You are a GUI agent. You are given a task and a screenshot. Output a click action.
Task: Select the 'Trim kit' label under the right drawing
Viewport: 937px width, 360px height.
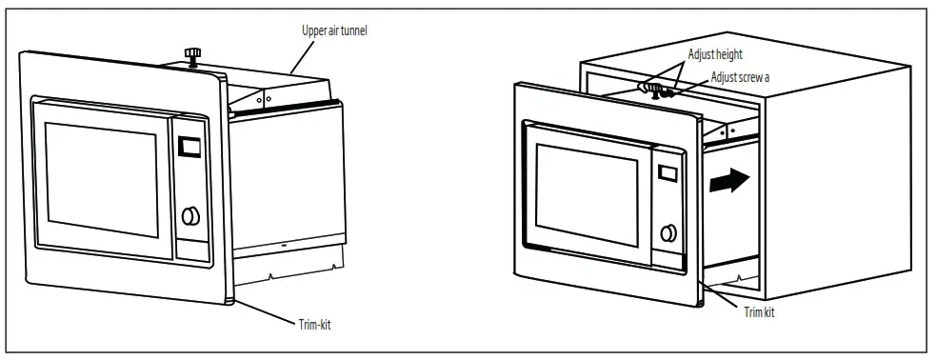(x=759, y=312)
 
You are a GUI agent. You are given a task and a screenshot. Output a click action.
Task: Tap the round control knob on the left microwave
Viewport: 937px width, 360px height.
(x=190, y=216)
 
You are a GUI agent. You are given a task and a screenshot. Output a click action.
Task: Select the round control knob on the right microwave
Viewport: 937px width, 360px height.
(x=669, y=231)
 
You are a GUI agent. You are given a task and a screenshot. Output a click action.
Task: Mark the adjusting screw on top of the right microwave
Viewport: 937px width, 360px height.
(x=657, y=90)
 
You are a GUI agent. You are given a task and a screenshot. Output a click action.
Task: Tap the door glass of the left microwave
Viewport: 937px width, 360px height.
(x=98, y=180)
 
